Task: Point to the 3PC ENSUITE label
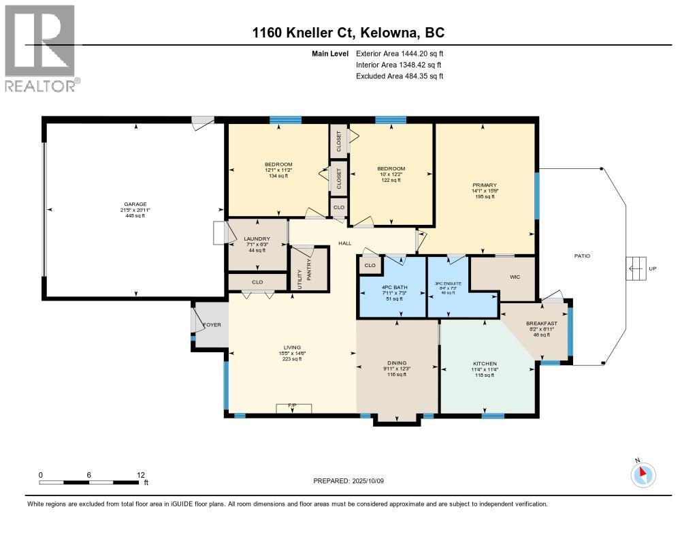point(449,284)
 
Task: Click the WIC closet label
point(515,277)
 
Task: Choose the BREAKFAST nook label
point(542,323)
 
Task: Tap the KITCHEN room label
point(485,363)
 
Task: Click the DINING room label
point(397,363)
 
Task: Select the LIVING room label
point(292,347)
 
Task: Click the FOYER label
point(212,325)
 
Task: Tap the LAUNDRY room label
point(257,238)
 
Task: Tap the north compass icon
point(644,474)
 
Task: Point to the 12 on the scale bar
point(140,475)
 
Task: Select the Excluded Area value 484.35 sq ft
point(400,76)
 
